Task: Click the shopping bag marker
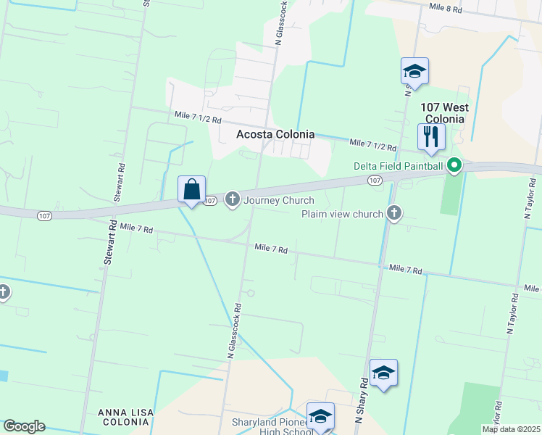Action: tap(192, 191)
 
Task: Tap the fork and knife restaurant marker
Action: tap(431, 137)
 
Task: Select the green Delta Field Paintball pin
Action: tap(454, 166)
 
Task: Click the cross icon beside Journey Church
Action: tap(233, 199)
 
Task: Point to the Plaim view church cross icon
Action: tap(394, 213)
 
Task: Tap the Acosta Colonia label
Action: tap(276, 134)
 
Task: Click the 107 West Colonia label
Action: tap(445, 112)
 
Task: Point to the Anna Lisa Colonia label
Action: tap(125, 418)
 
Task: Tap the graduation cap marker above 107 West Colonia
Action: tap(414, 72)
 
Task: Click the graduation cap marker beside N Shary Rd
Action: tap(383, 373)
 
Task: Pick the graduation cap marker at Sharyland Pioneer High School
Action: tap(320, 416)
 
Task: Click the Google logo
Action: tap(24, 426)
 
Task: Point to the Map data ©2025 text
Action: tap(510, 429)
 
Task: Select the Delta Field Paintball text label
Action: tap(398, 166)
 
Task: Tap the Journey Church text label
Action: tap(280, 200)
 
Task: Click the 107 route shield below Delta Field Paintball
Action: tap(375, 179)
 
